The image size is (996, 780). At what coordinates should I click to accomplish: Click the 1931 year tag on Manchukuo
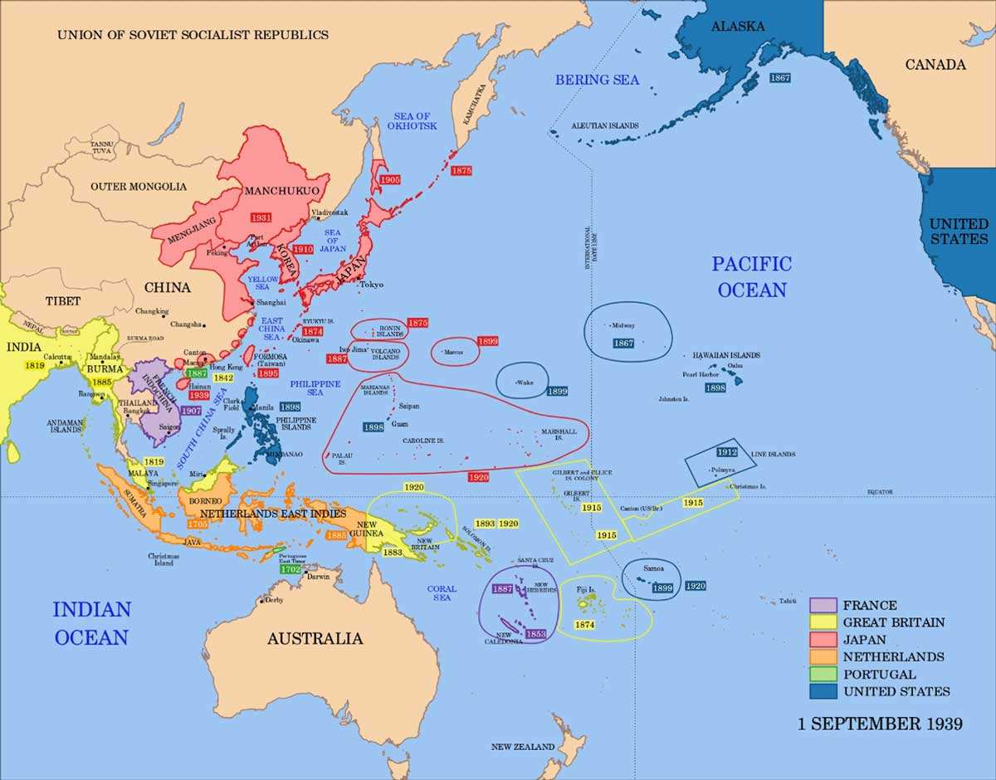click(x=262, y=217)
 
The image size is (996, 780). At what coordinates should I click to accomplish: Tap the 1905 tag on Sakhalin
click(x=390, y=179)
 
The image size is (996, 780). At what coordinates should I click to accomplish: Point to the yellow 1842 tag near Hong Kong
click(x=222, y=377)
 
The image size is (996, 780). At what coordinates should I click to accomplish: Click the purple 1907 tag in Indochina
click(x=190, y=411)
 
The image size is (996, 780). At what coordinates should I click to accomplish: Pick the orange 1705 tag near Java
click(x=198, y=524)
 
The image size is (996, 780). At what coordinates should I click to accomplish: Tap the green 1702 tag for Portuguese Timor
click(x=290, y=569)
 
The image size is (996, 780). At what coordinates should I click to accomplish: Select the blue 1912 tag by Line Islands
click(x=727, y=452)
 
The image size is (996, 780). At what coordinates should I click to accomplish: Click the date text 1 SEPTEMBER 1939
click(x=880, y=724)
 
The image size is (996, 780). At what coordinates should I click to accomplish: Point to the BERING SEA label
click(x=597, y=80)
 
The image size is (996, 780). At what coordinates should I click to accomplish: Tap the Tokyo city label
click(x=371, y=285)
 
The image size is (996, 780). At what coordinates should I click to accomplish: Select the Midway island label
click(x=623, y=325)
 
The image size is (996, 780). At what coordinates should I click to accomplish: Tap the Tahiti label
click(x=788, y=601)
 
